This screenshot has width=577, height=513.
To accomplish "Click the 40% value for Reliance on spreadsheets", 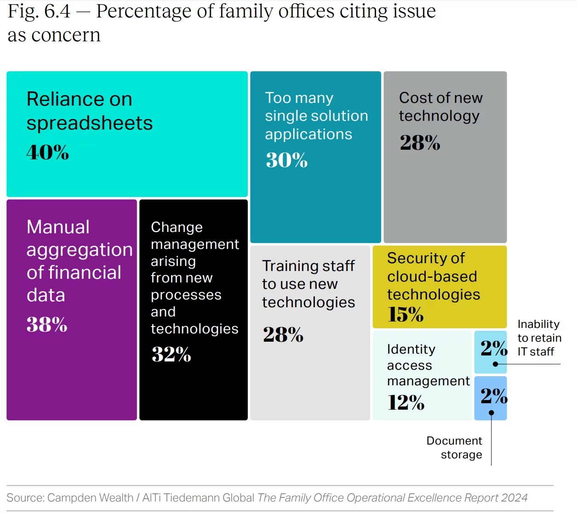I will (47, 152).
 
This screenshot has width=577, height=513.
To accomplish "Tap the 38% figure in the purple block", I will (47, 325).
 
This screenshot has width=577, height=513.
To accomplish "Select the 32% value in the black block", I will (171, 354).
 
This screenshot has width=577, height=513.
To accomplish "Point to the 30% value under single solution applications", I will (286, 160).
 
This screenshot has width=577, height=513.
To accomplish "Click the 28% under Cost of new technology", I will (420, 142).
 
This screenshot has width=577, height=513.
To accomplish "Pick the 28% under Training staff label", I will (283, 335).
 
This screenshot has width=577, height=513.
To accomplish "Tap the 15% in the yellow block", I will (405, 315).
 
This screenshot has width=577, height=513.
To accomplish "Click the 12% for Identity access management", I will (406, 403).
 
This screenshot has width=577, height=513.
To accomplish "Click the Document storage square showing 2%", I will (490, 398).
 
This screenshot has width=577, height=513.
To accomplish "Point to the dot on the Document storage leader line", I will (491, 413).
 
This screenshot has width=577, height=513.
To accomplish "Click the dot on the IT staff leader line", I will (495, 364).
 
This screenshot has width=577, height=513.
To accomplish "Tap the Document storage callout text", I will (454, 447).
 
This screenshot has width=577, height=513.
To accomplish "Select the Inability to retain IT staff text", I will (539, 338).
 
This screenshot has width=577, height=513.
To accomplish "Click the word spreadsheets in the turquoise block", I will (89, 123).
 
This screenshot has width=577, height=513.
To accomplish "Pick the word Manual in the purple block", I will (58, 227).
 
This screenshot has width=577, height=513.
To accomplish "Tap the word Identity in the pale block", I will (411, 350).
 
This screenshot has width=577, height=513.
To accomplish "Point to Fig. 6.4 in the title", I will (39, 11).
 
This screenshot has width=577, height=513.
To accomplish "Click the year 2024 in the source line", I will (514, 498).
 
